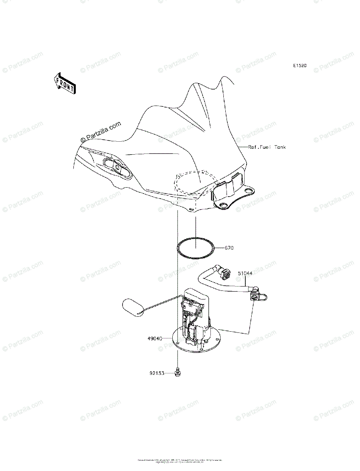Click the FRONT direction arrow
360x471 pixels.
coord(64,83)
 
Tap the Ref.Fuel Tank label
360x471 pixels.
coord(267,147)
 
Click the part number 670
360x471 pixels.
coord(229,248)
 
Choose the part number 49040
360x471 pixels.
coord(154,338)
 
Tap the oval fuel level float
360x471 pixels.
coord(133,307)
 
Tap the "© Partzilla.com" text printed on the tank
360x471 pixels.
coord(101,132)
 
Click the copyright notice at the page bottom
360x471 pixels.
coord(180,461)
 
